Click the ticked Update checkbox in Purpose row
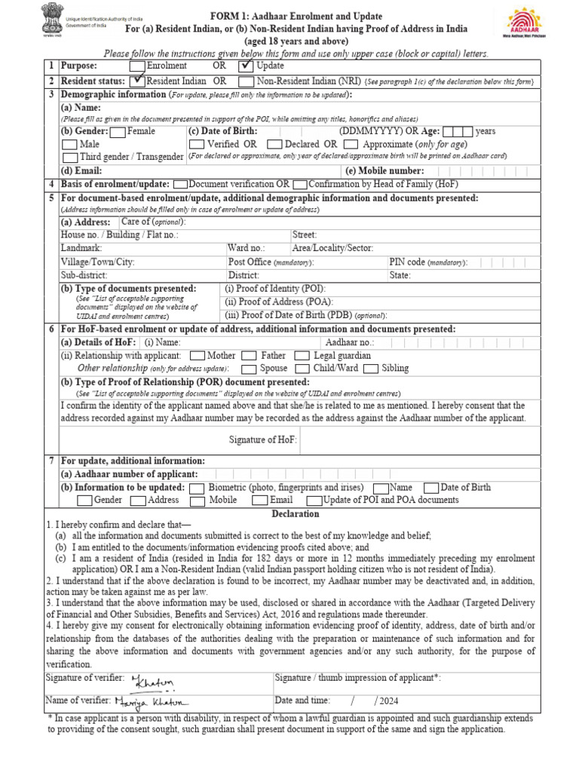[247, 66]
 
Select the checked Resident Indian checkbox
[136, 81]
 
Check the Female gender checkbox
[118, 131]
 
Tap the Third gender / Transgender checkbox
[69, 157]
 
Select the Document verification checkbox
[180, 184]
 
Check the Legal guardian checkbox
[302, 356]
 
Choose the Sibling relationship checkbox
[370, 369]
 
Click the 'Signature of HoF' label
[262, 440]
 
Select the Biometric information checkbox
[197, 488]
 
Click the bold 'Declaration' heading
[296, 513]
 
